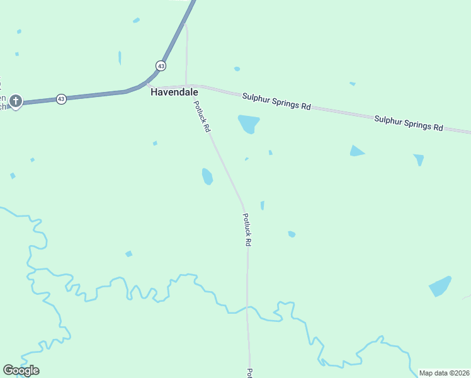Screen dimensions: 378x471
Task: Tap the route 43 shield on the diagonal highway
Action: (161, 66)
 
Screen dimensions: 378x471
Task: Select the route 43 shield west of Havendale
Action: (61, 99)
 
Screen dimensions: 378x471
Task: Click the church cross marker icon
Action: (16, 100)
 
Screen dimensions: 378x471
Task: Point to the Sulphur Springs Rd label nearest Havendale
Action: (276, 101)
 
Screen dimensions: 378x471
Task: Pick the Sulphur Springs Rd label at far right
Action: (409, 122)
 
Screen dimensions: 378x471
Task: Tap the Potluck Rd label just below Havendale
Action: (201, 117)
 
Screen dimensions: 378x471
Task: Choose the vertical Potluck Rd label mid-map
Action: (248, 229)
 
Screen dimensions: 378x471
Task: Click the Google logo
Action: (21, 370)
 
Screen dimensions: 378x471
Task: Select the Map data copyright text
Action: (444, 373)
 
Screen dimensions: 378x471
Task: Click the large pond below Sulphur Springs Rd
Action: (248, 123)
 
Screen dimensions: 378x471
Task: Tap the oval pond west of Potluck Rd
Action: (207, 176)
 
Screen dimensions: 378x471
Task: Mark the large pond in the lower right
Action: (440, 287)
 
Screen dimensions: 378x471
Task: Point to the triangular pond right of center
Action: (356, 151)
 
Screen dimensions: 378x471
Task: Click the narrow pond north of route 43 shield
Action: (120, 57)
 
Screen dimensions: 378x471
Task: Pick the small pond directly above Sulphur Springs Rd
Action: (237, 69)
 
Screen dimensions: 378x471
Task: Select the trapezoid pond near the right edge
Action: (419, 159)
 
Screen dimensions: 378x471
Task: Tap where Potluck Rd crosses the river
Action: (248, 308)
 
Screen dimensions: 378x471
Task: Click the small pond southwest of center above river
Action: (129, 254)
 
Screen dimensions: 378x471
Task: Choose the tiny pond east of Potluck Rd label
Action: (262, 205)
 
